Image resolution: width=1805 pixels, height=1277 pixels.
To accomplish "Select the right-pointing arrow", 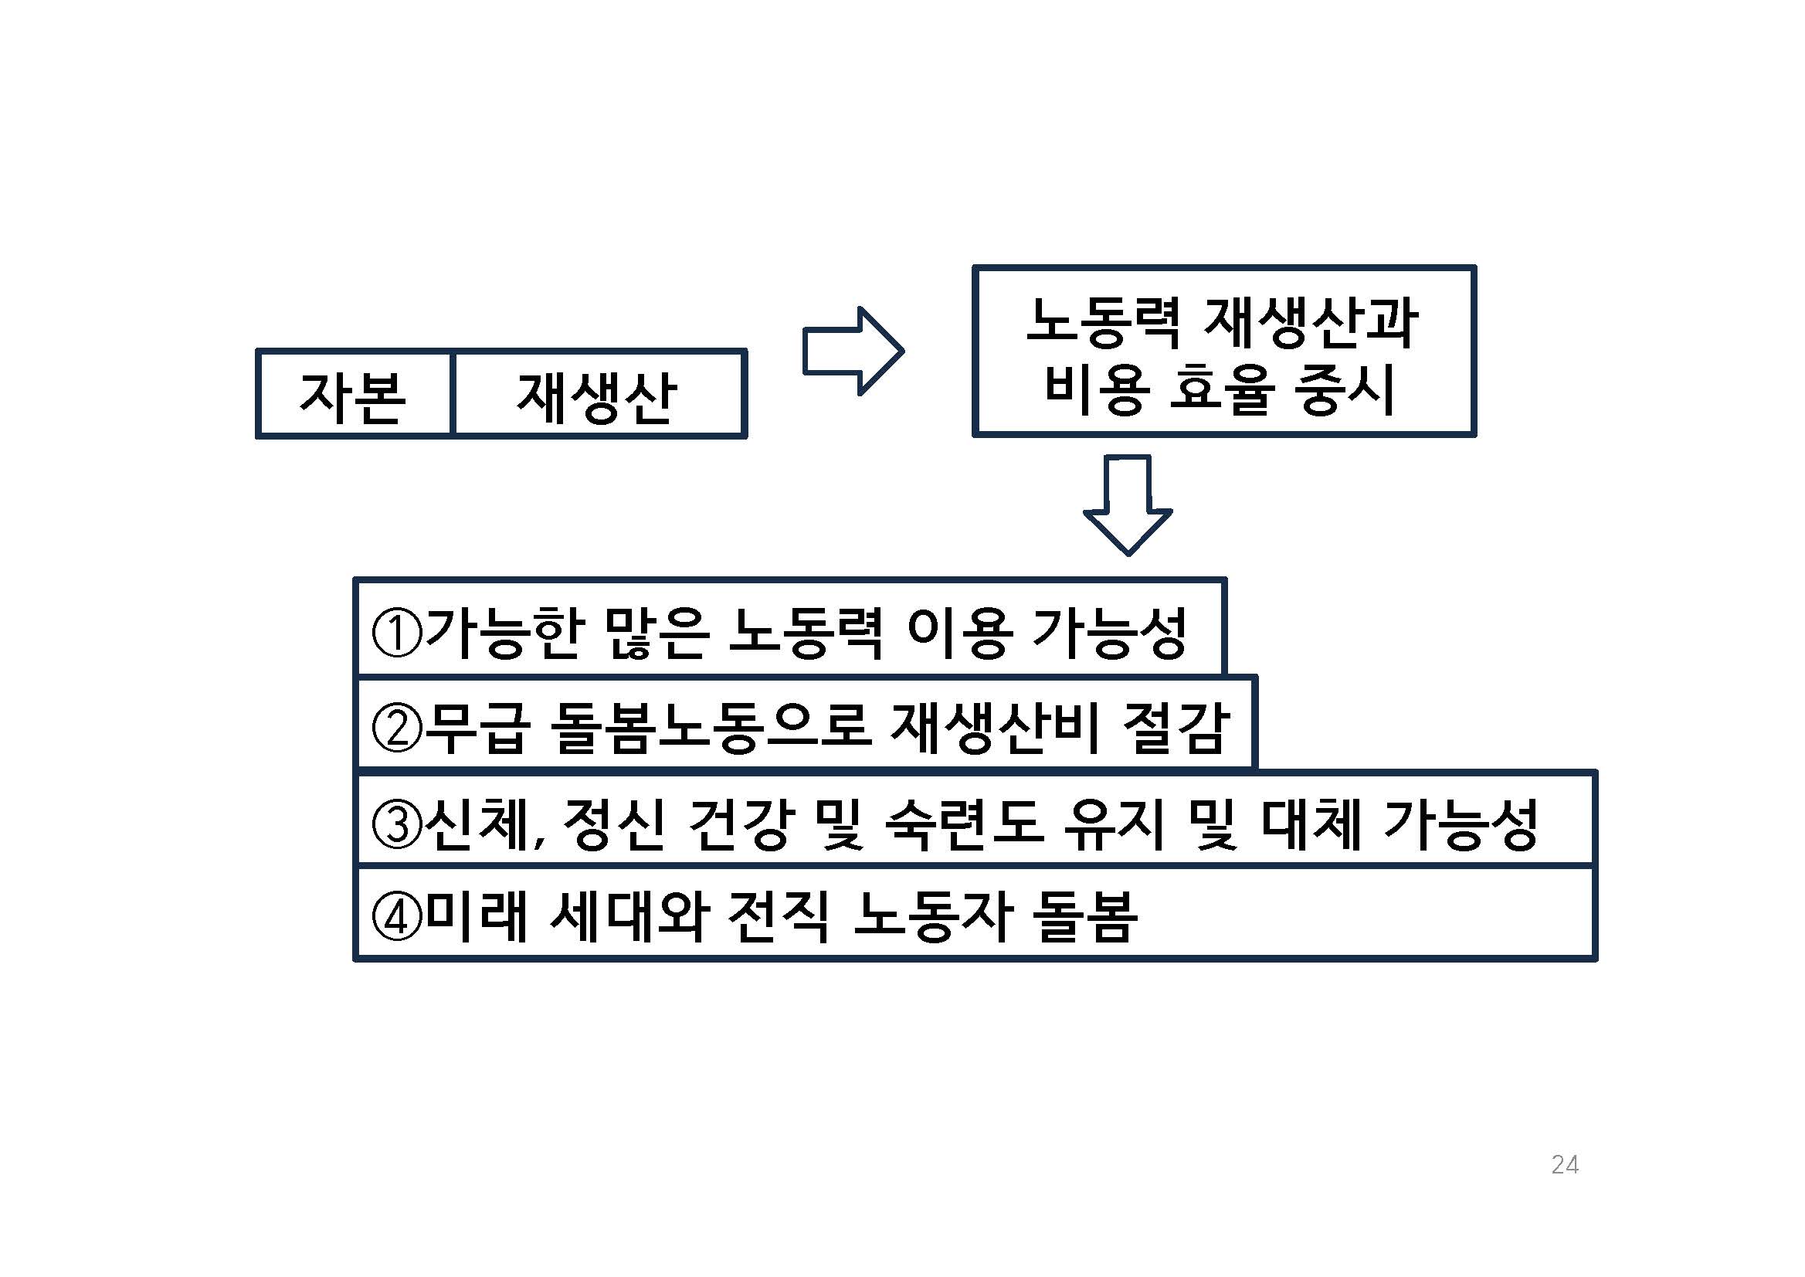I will pyautogui.click(x=853, y=351).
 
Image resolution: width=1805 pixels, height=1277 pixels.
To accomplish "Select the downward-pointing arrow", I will pyautogui.click(x=1128, y=504).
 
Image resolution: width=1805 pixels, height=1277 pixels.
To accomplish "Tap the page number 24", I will pyautogui.click(x=1565, y=1164).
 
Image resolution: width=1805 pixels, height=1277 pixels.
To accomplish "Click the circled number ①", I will pyautogui.click(x=396, y=633).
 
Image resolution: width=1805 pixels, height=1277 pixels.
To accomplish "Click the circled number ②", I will pyautogui.click(x=396, y=729).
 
